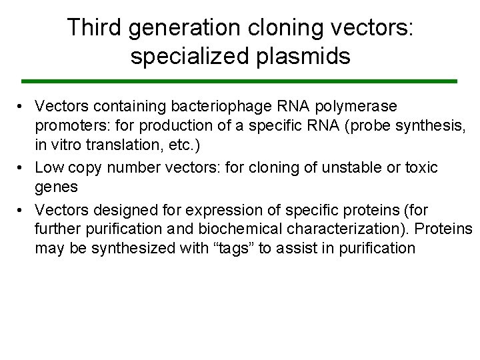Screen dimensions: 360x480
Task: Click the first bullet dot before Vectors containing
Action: point(22,107)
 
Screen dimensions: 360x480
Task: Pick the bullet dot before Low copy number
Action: point(22,167)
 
